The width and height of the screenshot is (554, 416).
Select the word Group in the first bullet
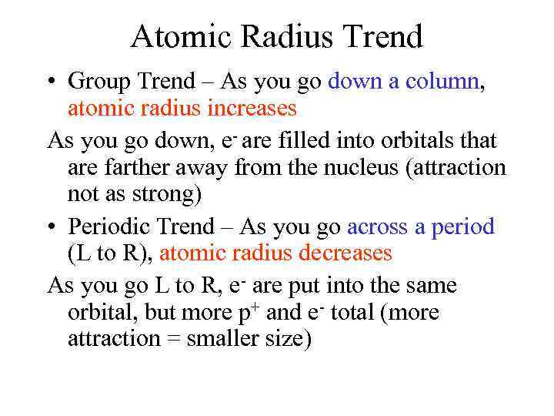click(x=98, y=81)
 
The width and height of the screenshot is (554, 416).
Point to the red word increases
click(x=252, y=109)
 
